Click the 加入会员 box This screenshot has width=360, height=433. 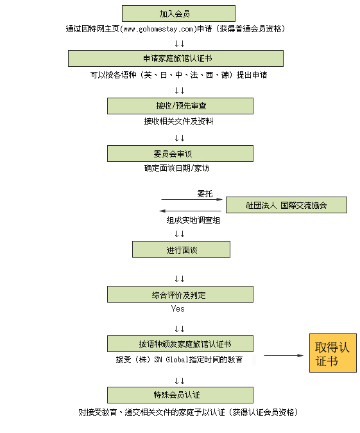click(x=178, y=13)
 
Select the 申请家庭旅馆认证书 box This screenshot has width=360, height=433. click(x=176, y=58)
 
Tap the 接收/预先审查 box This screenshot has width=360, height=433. click(x=180, y=106)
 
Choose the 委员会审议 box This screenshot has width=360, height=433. click(x=180, y=154)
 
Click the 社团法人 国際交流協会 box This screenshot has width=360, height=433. click(x=286, y=205)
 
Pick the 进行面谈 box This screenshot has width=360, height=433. click(x=181, y=249)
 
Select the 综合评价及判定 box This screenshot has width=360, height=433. click(x=180, y=294)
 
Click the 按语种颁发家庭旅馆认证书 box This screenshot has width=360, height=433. click(x=180, y=344)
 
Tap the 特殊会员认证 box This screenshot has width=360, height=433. click(x=180, y=395)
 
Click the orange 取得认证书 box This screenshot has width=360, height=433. click(x=333, y=353)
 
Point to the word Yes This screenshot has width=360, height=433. click(x=178, y=308)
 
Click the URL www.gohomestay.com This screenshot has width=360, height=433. click(x=158, y=29)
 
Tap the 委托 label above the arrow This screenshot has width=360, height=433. click(x=205, y=193)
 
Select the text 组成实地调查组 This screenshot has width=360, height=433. click(x=193, y=220)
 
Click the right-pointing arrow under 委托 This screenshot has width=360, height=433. click(x=192, y=199)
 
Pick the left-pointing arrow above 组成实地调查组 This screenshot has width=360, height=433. click(x=191, y=211)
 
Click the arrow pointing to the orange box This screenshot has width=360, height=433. click(x=284, y=355)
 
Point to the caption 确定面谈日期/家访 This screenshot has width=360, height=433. click(x=176, y=168)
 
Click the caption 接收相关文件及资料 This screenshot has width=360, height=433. click(x=178, y=121)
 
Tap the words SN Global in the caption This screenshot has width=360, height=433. click(x=171, y=360)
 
